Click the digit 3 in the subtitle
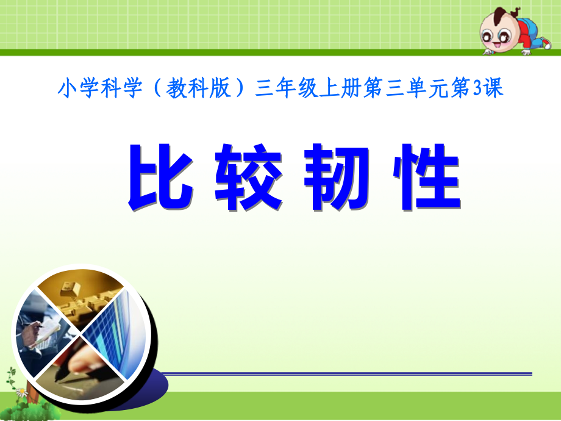(481, 90)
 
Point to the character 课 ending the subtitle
(495, 90)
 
